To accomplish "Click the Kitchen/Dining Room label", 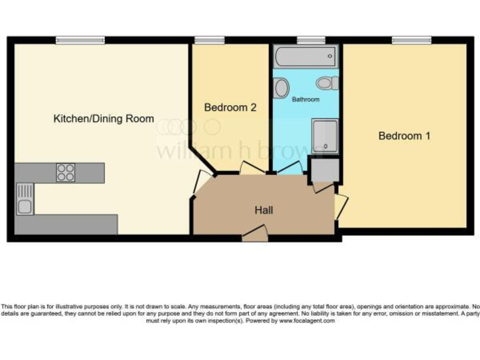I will tap(104, 119).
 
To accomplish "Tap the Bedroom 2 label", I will tap(231, 107).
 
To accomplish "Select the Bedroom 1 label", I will tap(404, 136).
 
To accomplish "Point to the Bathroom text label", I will tap(306, 99).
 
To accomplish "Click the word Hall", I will tap(263, 210).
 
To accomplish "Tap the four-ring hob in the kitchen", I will tap(66, 172).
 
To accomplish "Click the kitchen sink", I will tap(25, 198).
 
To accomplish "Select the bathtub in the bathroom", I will tap(305, 58).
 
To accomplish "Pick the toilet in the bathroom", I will tap(326, 82).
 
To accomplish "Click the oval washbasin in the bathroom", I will tap(282, 87).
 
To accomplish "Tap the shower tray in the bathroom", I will tap(325, 136).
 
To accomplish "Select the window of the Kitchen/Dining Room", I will tap(80, 41).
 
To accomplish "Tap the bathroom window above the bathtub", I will tap(306, 41).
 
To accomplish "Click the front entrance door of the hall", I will tap(255, 234).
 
